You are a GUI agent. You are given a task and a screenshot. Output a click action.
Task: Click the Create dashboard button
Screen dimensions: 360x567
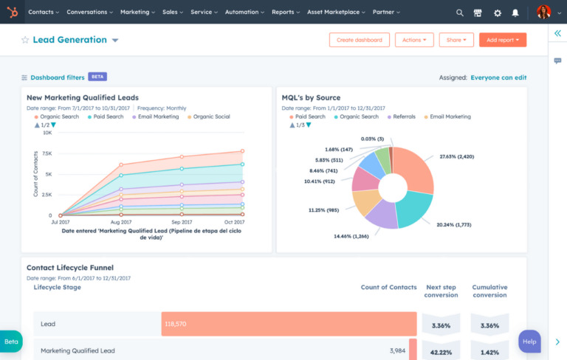pos(359,40)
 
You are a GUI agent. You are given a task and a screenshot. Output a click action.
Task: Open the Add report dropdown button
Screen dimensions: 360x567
pos(502,40)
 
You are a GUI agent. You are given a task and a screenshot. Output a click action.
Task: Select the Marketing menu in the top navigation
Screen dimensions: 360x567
pos(137,13)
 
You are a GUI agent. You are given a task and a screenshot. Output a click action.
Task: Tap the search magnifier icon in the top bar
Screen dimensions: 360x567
pos(460,13)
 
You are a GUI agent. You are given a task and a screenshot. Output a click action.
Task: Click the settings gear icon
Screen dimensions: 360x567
pos(497,13)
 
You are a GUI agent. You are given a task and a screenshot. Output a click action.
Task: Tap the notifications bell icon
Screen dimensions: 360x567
pos(515,13)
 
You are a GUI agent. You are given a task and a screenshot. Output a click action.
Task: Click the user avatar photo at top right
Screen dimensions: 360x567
pos(543,13)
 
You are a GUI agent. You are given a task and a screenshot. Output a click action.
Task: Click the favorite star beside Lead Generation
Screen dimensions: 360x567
pos(25,40)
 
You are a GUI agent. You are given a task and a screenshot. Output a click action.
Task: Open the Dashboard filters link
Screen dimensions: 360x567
pos(57,77)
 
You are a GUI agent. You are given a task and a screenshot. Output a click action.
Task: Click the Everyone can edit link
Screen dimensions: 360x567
pos(498,77)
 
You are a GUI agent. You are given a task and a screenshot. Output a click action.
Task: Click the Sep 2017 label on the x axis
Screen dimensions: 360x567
pos(181,222)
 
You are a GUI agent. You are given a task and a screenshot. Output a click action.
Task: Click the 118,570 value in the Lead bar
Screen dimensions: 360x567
pos(175,324)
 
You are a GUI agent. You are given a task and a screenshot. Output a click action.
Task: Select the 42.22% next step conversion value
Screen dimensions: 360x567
pos(441,351)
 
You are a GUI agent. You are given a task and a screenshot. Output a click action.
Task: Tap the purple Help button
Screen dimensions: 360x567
pos(529,342)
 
